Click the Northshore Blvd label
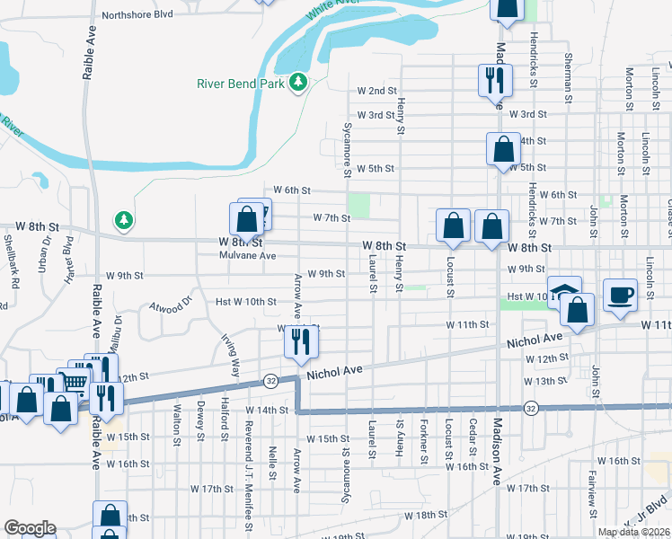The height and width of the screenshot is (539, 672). tap(137, 14)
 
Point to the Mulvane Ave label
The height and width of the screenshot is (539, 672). tap(248, 255)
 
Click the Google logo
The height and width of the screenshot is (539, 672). tap(30, 528)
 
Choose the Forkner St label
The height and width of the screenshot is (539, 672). tap(423, 441)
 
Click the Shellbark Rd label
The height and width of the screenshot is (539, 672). tap(12, 261)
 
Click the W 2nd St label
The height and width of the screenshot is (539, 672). tap(376, 91)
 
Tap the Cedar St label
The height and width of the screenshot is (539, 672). tap(472, 437)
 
